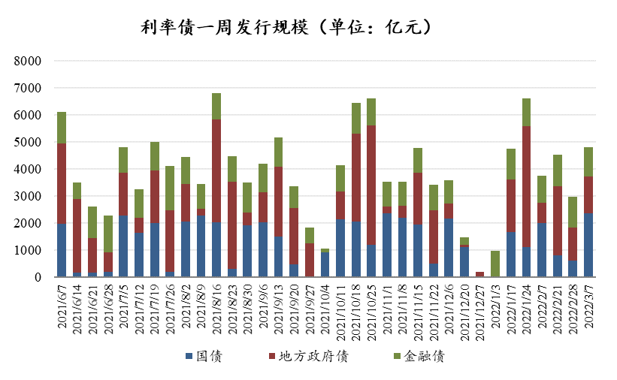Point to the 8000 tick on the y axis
pos(28,61)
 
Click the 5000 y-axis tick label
pos(28,142)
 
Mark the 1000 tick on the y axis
pos(28,250)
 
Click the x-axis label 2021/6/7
pos(62,308)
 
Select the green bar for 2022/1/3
pos(496,264)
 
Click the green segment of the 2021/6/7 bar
pos(62,128)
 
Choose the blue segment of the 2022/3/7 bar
pos(589,245)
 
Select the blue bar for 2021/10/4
pos(325,264)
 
